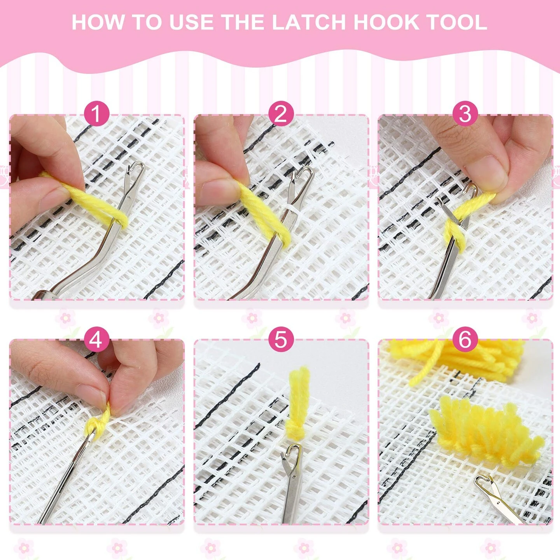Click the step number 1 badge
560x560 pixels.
(96, 114)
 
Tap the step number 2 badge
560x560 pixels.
(280, 114)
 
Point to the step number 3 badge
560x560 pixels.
(465, 114)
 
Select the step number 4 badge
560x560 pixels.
(96, 339)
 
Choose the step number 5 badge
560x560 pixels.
(280, 339)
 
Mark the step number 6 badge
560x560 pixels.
(465, 339)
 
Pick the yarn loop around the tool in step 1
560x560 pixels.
(117, 218)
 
